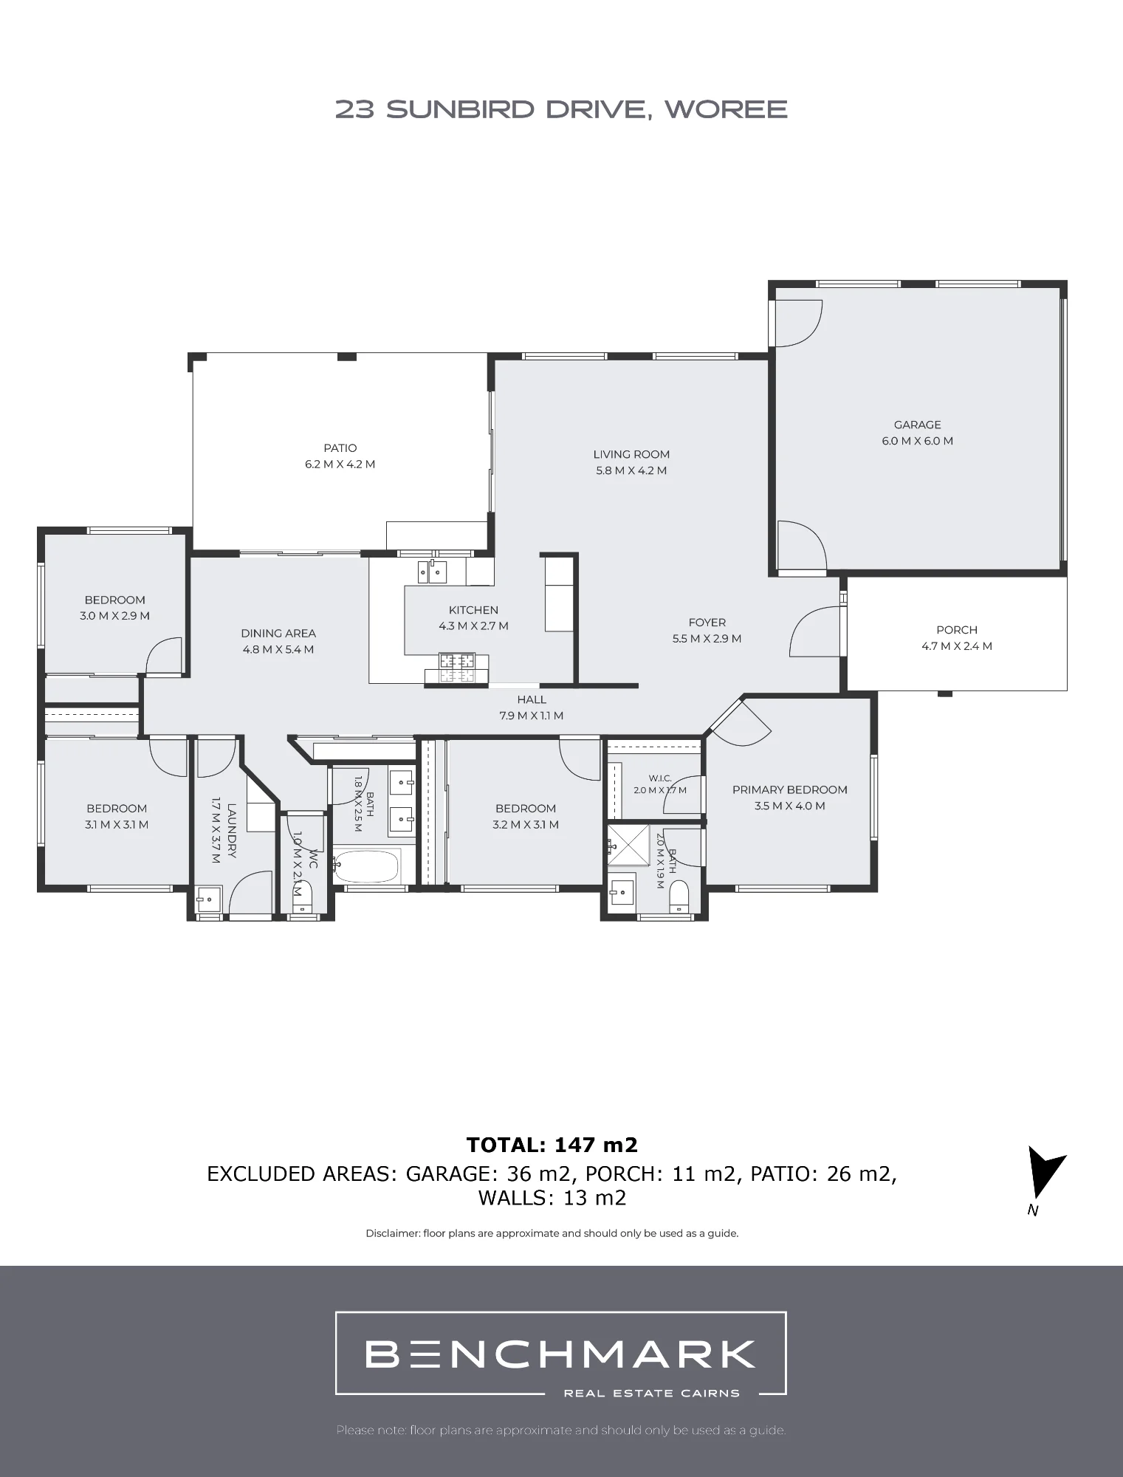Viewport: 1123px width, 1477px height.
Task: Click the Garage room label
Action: [x=918, y=425]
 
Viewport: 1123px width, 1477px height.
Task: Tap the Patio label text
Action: [x=340, y=448]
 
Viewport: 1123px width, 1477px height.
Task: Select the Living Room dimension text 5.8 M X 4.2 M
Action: [x=631, y=470]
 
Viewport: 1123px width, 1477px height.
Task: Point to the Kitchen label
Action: [x=473, y=610]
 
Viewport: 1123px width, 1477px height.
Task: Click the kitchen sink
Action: [x=432, y=572]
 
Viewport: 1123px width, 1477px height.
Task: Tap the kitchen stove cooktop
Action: [x=458, y=668]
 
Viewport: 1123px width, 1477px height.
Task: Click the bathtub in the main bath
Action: [x=366, y=866]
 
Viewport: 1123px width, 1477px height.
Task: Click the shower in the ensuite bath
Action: [x=628, y=844]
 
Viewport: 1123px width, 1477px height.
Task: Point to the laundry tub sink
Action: [x=209, y=899]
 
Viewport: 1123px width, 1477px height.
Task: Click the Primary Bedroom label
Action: [x=789, y=789]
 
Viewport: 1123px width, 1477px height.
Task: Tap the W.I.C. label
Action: [x=660, y=778]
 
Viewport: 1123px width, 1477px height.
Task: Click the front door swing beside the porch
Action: [x=815, y=631]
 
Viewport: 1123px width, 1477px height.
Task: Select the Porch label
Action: [x=957, y=630]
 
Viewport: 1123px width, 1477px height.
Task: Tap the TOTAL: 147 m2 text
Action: [x=552, y=1145]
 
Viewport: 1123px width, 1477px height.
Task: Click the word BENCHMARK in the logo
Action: [x=560, y=1354]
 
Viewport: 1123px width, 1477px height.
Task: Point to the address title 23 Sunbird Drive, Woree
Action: [x=561, y=109]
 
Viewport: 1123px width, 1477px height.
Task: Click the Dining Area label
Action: [x=278, y=633]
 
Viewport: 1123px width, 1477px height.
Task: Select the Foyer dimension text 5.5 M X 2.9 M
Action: [x=707, y=639]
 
